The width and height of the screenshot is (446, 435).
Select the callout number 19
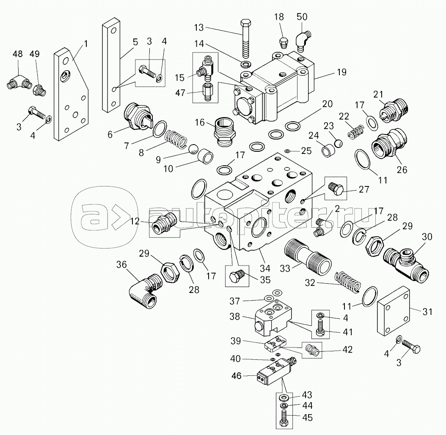pos(341,72)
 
